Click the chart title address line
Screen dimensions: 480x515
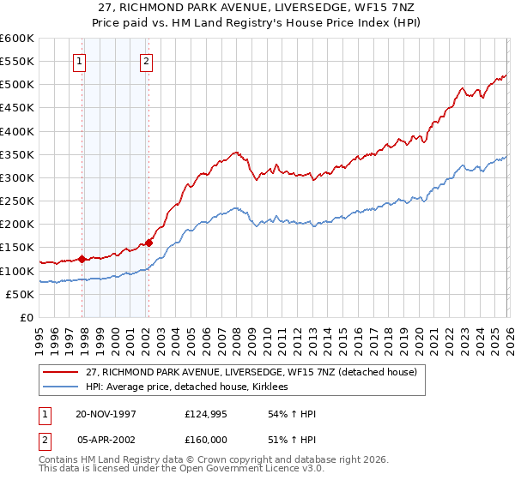[257, 8]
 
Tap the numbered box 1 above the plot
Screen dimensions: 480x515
[79, 61]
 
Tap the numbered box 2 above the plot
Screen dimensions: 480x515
[147, 61]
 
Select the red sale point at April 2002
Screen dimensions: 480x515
[148, 243]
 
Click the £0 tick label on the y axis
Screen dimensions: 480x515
[27, 317]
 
